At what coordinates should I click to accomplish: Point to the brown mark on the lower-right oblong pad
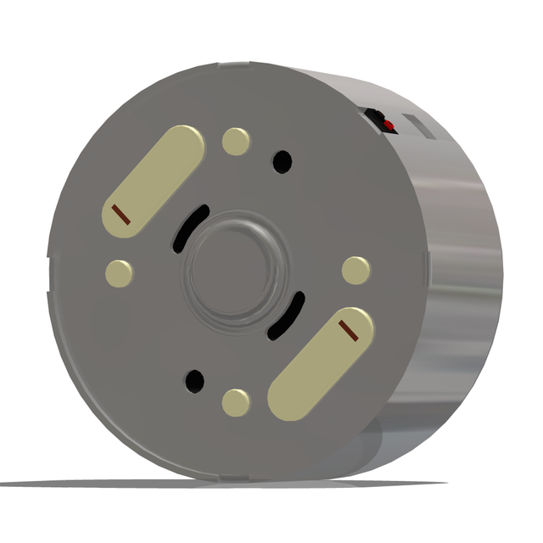pyautogui.click(x=350, y=330)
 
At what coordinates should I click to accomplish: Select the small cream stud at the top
pyautogui.click(x=236, y=141)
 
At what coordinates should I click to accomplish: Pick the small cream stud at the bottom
pyautogui.click(x=236, y=401)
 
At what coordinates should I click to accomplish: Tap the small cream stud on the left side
pyautogui.click(x=119, y=272)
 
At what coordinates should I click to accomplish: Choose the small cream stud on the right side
pyautogui.click(x=355, y=270)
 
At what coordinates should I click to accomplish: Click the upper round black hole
pyautogui.click(x=282, y=160)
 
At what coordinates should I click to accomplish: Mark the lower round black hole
pyautogui.click(x=195, y=381)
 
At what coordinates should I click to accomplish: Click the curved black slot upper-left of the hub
pyautogui.click(x=191, y=226)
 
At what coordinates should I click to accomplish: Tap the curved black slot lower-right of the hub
pyautogui.click(x=286, y=316)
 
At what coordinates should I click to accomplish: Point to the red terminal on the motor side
pyautogui.click(x=389, y=126)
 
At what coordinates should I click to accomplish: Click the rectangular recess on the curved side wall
pyautogui.click(x=420, y=126)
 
